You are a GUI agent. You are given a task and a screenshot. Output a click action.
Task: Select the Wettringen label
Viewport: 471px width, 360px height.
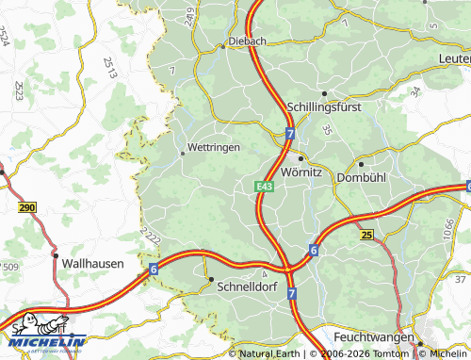click(214, 148)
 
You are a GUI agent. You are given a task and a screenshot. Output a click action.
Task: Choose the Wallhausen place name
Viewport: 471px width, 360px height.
click(91, 265)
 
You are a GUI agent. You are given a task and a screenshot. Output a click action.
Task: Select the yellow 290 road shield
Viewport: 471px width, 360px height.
click(25, 207)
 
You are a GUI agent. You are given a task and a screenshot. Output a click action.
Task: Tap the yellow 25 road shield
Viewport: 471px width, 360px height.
click(366, 234)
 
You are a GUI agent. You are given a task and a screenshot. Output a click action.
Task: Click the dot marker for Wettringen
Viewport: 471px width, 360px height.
click(182, 152)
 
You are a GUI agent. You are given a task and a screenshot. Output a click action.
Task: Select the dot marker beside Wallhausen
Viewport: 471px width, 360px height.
click(56, 255)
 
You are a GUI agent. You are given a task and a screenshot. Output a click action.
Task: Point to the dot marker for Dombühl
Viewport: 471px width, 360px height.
click(361, 164)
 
